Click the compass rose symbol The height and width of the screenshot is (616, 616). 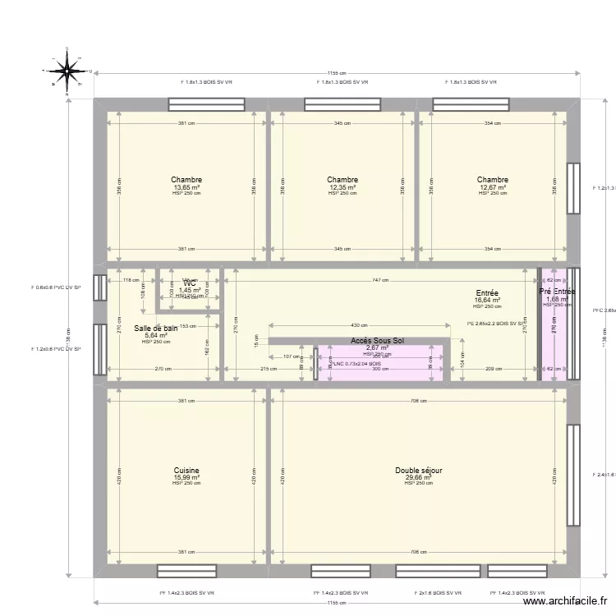pyautogui.click(x=64, y=72)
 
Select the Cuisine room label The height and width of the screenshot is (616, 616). pyautogui.click(x=186, y=471)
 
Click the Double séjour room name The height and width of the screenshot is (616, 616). pyautogui.click(x=418, y=471)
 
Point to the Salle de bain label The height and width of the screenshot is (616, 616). pyautogui.click(x=156, y=329)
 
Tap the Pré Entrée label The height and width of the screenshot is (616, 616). pyautogui.click(x=557, y=292)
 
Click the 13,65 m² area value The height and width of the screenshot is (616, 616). pyautogui.click(x=186, y=187)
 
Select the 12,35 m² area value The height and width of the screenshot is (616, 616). pyautogui.click(x=342, y=187)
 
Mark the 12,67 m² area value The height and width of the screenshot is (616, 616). pyautogui.click(x=492, y=187)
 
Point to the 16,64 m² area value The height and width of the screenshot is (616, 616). pyautogui.click(x=487, y=300)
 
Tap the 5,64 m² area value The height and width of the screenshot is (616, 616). pyautogui.click(x=156, y=335)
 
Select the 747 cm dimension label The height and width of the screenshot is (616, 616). pyautogui.click(x=379, y=280)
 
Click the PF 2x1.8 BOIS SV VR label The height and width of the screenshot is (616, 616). pyautogui.click(x=439, y=592)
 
